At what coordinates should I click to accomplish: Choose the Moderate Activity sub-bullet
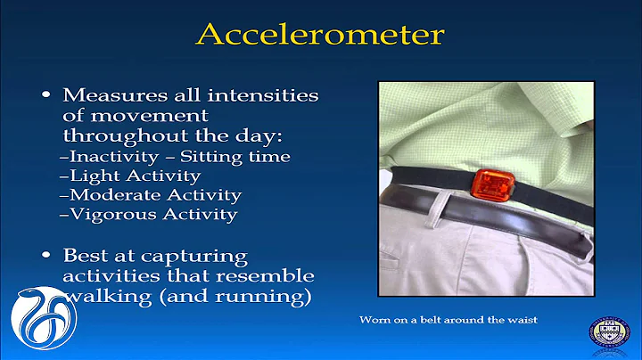150,194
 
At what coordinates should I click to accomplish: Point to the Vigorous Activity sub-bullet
147,214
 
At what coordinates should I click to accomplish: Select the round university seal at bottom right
609,333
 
